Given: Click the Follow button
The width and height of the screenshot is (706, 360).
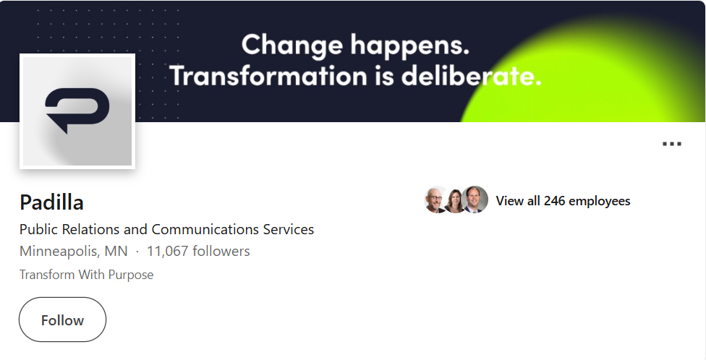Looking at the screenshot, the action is pyautogui.click(x=63, y=320).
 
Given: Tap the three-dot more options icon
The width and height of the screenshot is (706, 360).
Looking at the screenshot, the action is pyautogui.click(x=672, y=144).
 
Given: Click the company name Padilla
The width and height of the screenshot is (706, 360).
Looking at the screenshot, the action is pyautogui.click(x=51, y=202).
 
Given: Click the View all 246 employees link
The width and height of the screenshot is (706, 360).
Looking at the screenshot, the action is pyautogui.click(x=563, y=201).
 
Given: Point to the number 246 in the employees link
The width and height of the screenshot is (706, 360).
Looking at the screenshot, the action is pyautogui.click(x=554, y=201).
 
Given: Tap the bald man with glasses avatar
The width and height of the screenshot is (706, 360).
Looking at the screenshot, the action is pyautogui.click(x=435, y=200).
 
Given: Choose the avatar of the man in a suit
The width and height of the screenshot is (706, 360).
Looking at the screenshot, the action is pyautogui.click(x=475, y=200).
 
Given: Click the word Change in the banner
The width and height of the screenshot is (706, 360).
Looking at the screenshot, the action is pyautogui.click(x=292, y=46).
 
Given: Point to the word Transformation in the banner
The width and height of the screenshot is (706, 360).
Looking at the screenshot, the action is pyautogui.click(x=268, y=75).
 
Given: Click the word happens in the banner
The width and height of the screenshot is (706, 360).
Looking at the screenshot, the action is pyautogui.click(x=410, y=46).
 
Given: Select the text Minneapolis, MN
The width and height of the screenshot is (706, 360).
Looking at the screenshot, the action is pyautogui.click(x=73, y=251).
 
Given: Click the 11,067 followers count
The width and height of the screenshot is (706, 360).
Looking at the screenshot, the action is pyautogui.click(x=198, y=251).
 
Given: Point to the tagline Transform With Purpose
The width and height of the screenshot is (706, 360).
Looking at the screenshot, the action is pyautogui.click(x=87, y=275).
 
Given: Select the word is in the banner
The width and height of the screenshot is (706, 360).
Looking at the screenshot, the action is pyautogui.click(x=384, y=75).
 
